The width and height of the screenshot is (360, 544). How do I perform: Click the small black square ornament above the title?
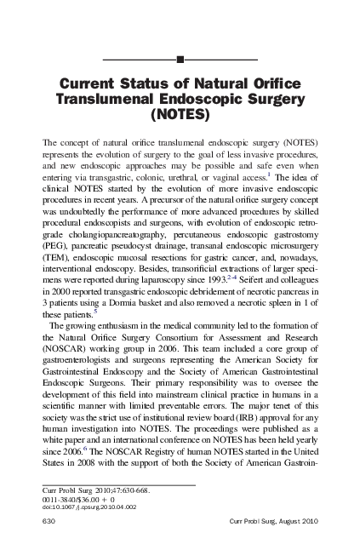click(x=180, y=59)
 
